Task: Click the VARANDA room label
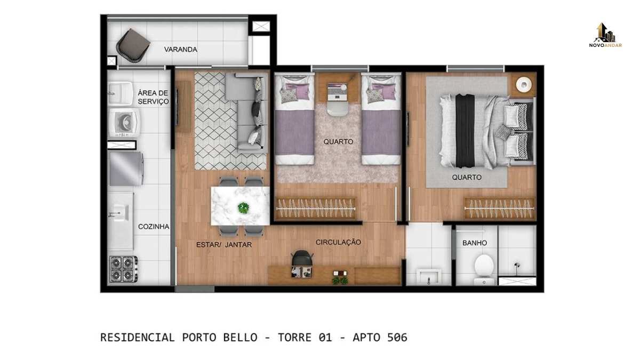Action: tap(181, 50)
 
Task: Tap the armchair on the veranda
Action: tap(133, 46)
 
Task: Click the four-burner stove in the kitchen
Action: tap(123, 269)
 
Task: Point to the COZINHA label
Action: tap(154, 227)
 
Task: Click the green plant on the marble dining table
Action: tap(243, 207)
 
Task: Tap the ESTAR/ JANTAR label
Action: tap(224, 245)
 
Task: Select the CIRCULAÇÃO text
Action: tap(338, 242)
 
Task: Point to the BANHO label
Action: tap(475, 243)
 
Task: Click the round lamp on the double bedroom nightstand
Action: tap(524, 85)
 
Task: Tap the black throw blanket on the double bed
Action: tap(465, 131)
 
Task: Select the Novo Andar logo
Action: tap(605, 35)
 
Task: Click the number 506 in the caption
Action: tap(397, 338)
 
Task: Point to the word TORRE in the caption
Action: tap(294, 338)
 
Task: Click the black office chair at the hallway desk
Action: tap(302, 258)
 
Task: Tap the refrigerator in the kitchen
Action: tap(126, 169)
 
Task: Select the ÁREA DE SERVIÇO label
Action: tap(153, 97)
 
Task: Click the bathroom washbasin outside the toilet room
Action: tap(428, 277)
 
